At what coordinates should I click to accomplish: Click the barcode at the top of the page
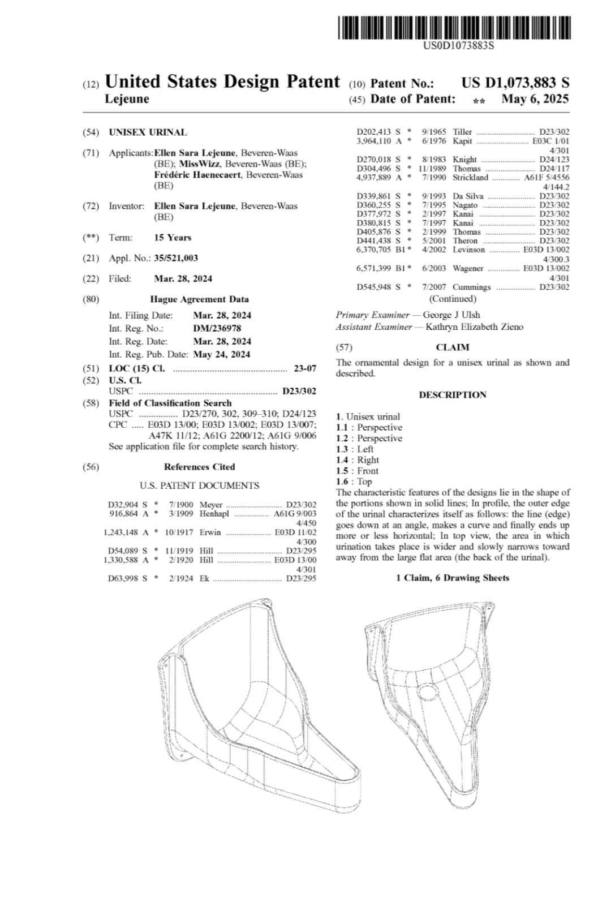click(454, 28)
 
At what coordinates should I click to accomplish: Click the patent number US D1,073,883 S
click(515, 83)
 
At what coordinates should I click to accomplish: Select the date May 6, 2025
click(535, 99)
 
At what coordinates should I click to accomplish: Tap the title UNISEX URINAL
click(148, 132)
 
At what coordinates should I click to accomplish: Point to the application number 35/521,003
click(176, 258)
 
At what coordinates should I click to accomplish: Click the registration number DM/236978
click(217, 328)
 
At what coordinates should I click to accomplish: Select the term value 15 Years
click(173, 238)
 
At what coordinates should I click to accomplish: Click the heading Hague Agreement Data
click(199, 299)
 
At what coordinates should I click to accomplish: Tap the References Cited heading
click(199, 467)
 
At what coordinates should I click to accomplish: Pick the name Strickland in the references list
click(470, 178)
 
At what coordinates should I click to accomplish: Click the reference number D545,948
click(375, 287)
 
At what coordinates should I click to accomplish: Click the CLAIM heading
click(453, 347)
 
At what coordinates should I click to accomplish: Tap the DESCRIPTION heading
click(453, 395)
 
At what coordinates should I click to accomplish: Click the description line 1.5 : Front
click(357, 471)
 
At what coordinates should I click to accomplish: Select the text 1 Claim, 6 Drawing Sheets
click(452, 578)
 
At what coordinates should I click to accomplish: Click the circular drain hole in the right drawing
click(426, 692)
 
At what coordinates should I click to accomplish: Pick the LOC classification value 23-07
click(305, 369)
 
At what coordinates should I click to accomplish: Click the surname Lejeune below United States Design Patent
click(127, 99)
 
